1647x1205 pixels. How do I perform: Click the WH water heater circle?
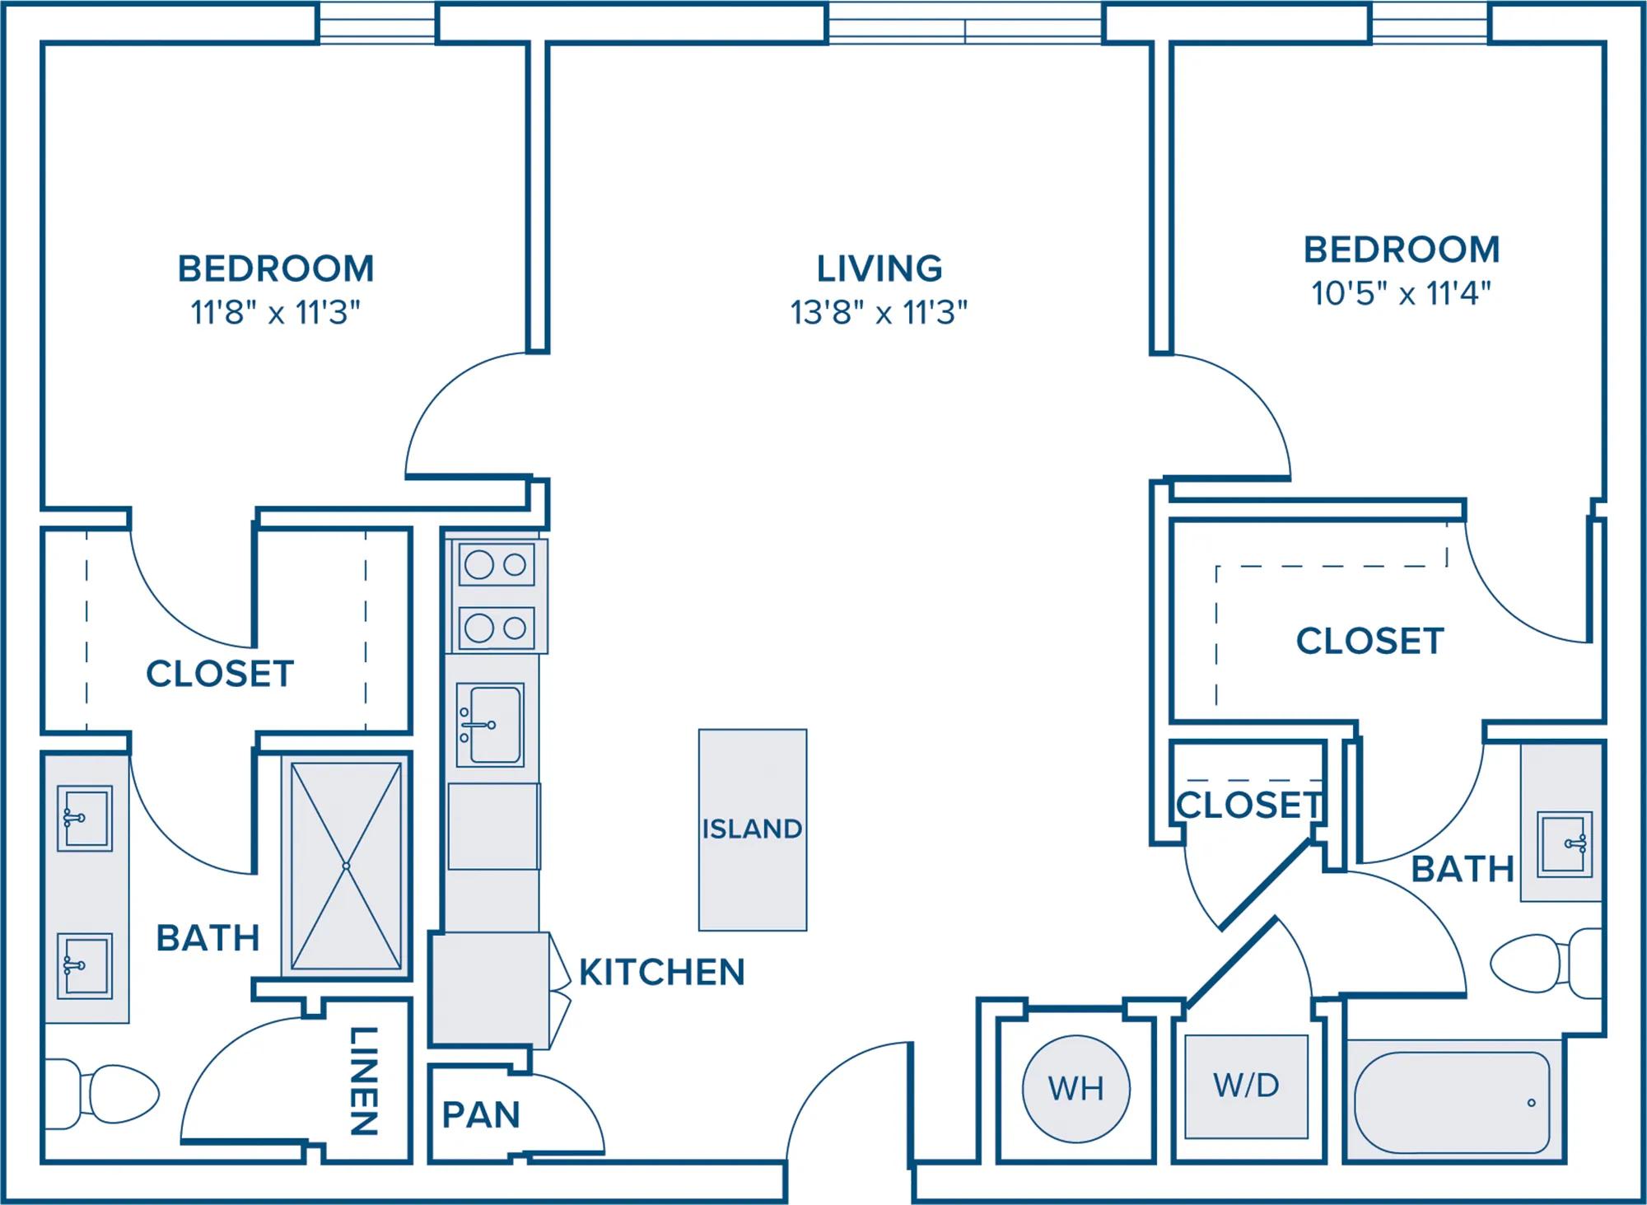(1075, 1089)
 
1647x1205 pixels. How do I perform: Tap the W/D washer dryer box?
(1246, 1086)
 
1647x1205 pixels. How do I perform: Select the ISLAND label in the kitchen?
(752, 829)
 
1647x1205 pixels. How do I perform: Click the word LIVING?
(879, 269)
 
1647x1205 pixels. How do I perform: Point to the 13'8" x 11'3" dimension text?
(879, 313)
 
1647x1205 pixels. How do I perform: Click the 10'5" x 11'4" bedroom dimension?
(1401, 293)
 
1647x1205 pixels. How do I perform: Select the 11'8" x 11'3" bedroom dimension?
(276, 313)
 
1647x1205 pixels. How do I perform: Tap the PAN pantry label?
(481, 1115)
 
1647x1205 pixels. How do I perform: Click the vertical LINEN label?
(364, 1081)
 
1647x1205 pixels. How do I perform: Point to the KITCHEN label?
(662, 973)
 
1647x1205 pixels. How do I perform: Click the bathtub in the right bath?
(1453, 1102)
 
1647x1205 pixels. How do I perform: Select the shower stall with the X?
(346, 866)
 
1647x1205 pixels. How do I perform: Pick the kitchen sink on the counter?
(490, 725)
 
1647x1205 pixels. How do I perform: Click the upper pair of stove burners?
(496, 565)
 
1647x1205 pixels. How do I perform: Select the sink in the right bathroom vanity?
(1565, 843)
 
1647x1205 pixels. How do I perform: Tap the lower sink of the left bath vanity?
(85, 965)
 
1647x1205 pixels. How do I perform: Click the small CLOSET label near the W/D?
(1248, 806)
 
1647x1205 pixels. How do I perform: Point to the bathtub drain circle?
(1531, 1103)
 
